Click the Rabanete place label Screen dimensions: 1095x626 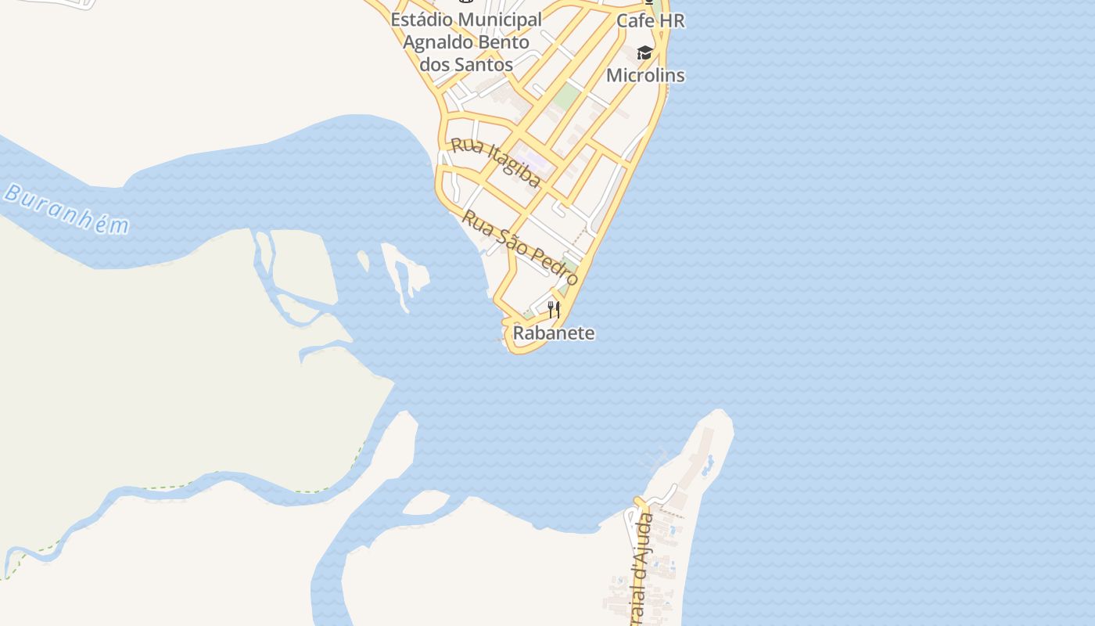(554, 333)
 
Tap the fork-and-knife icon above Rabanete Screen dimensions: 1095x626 (554, 310)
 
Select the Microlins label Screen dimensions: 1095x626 (645, 76)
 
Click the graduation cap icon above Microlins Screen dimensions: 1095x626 (644, 52)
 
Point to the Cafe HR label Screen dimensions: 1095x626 (650, 21)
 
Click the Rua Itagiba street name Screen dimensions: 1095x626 (496, 163)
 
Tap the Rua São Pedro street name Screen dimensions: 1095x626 (520, 247)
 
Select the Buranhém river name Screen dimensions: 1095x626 (66, 209)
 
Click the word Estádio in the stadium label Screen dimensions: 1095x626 (422, 20)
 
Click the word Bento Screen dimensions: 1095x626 (500, 42)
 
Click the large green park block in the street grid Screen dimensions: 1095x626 (567, 97)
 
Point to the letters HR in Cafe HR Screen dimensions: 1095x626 (670, 21)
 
